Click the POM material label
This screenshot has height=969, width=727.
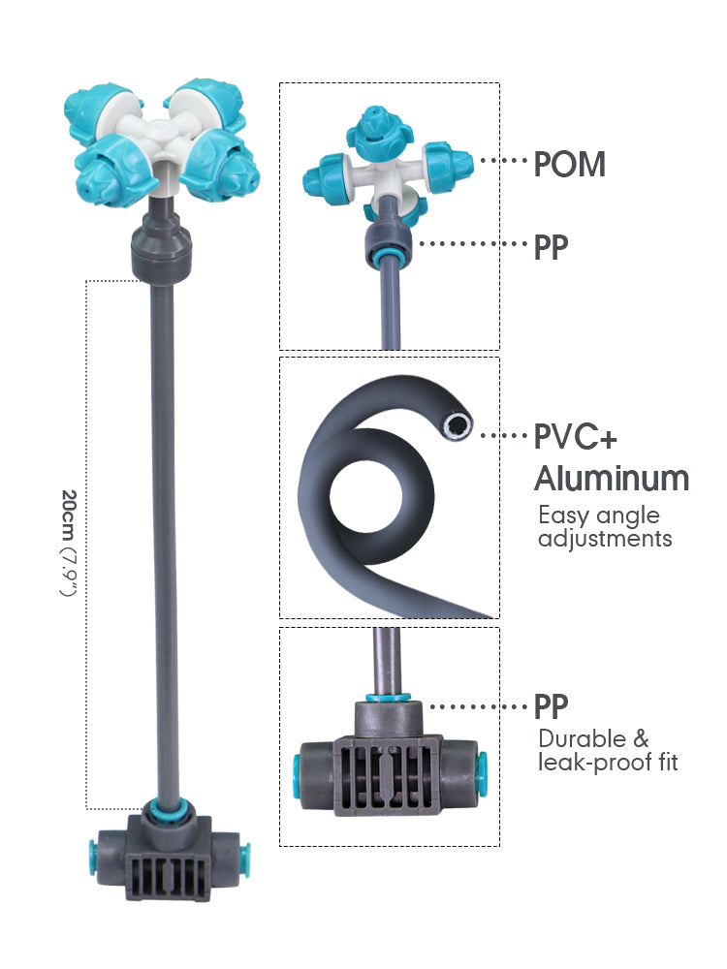[x=570, y=165]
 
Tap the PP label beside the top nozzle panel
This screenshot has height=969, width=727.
[x=551, y=248]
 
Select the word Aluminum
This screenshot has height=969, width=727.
[x=612, y=478]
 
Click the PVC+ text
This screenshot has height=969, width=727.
[x=575, y=437]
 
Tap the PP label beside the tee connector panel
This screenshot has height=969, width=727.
[x=551, y=706]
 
